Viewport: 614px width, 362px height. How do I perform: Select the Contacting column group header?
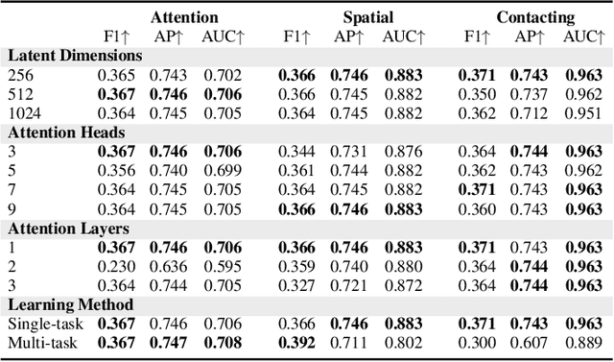(x=535, y=16)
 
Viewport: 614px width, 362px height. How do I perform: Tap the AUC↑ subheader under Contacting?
(x=581, y=36)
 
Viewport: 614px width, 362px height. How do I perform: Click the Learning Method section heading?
(x=70, y=305)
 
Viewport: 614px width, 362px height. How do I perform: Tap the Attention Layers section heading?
(x=68, y=229)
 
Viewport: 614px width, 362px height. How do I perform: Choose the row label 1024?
(x=26, y=111)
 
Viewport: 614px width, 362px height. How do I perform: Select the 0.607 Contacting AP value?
(x=529, y=343)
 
